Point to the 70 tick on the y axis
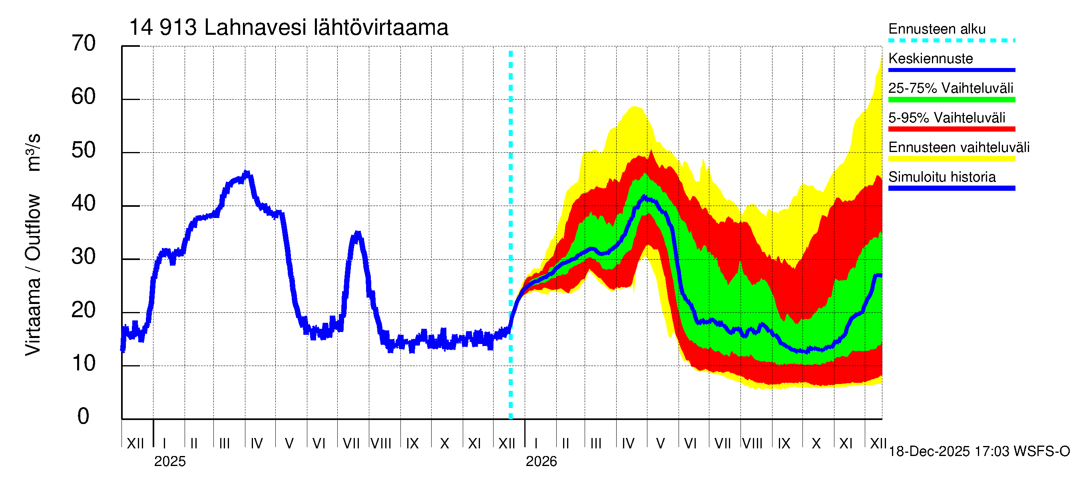pos(84,44)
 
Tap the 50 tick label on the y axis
pos(84,150)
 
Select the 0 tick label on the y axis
pos(84,416)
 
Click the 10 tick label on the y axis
pos(84,364)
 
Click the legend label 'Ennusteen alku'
pos(937,29)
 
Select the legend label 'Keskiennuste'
pos(930,58)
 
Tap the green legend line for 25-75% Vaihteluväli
pos(951,100)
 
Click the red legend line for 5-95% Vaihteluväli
pos(951,129)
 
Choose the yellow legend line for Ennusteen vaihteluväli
pos(951,159)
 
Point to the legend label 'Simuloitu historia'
pos(942,177)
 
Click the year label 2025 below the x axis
pos(169,462)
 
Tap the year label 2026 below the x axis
pos(541,462)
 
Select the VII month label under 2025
pos(351,443)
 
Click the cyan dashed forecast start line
pos(511,235)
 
